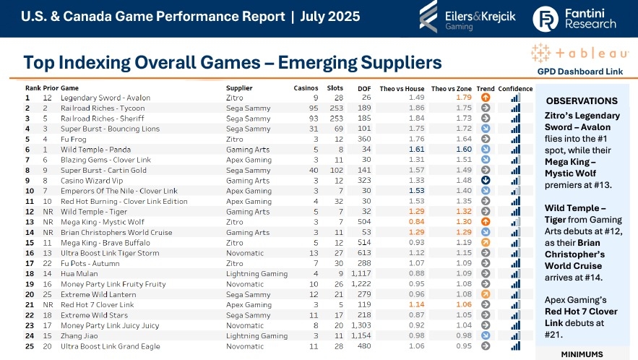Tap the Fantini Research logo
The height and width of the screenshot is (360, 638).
[574, 18]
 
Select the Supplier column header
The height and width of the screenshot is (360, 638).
[240, 88]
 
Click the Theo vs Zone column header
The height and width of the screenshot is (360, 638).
[450, 88]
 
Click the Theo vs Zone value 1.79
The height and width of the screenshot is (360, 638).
[463, 98]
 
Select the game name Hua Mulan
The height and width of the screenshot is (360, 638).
[77, 274]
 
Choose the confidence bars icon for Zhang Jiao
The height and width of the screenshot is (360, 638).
[514, 336]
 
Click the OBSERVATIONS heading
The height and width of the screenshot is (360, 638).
[581, 100]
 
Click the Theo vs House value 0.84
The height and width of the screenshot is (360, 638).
[416, 222]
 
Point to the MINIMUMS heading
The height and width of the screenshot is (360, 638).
[582, 355]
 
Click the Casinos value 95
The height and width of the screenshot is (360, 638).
[315, 108]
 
